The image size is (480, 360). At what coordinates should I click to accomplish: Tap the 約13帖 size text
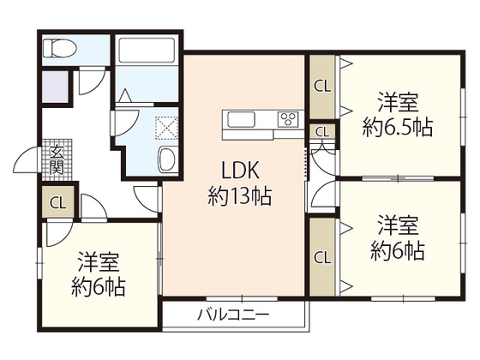pyautogui.click(x=239, y=197)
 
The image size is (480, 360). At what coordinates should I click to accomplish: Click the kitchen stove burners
pyautogui.click(x=288, y=118)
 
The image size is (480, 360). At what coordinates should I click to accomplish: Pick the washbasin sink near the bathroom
pyautogui.click(x=167, y=159)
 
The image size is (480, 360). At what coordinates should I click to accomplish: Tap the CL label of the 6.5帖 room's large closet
pyautogui.click(x=323, y=86)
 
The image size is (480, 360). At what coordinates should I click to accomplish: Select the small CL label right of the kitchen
pyautogui.click(x=322, y=132)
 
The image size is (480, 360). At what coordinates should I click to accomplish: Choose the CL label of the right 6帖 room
pyautogui.click(x=323, y=256)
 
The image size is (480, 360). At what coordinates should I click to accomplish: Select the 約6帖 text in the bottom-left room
pyautogui.click(x=99, y=286)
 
